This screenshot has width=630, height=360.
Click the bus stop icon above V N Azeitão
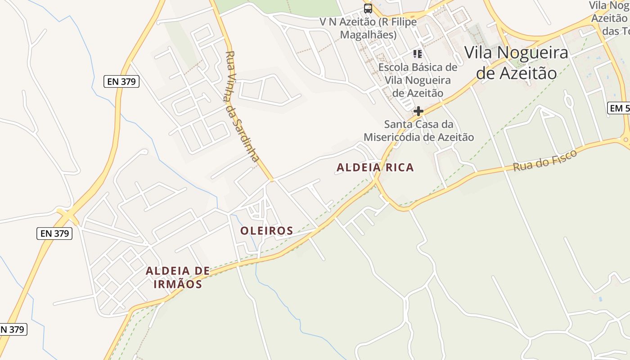(x=368, y=9)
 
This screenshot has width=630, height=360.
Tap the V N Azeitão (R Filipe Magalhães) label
(x=368, y=28)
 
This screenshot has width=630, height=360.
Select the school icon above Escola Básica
(x=418, y=54)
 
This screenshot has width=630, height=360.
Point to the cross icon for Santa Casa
(x=418, y=111)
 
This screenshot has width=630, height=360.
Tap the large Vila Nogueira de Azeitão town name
(x=516, y=63)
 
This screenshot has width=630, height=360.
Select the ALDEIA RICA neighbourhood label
(x=375, y=167)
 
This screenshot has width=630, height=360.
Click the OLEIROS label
(x=266, y=231)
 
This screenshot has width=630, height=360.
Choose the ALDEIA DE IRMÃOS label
(x=177, y=277)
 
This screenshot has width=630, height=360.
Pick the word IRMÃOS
(x=177, y=284)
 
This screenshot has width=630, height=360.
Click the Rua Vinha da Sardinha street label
(x=242, y=106)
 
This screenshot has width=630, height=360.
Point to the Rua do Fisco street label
(x=545, y=161)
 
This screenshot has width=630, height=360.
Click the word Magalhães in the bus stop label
(x=368, y=35)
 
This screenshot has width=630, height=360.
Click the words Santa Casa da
(x=418, y=124)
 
